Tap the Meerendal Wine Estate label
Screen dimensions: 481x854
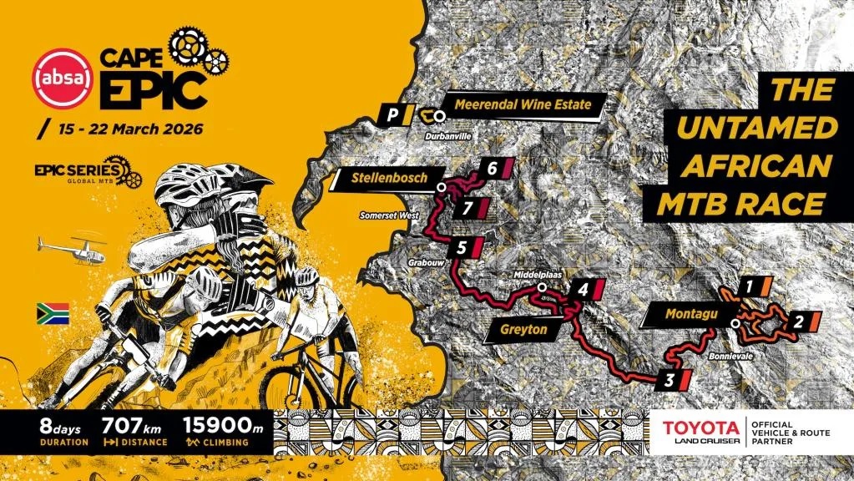click(523, 104)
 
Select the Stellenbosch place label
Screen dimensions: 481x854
click(388, 178)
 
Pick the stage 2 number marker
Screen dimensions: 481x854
click(798, 320)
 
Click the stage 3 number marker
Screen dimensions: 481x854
click(670, 381)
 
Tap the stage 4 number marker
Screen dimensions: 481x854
click(583, 290)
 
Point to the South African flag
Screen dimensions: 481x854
click(52, 314)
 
